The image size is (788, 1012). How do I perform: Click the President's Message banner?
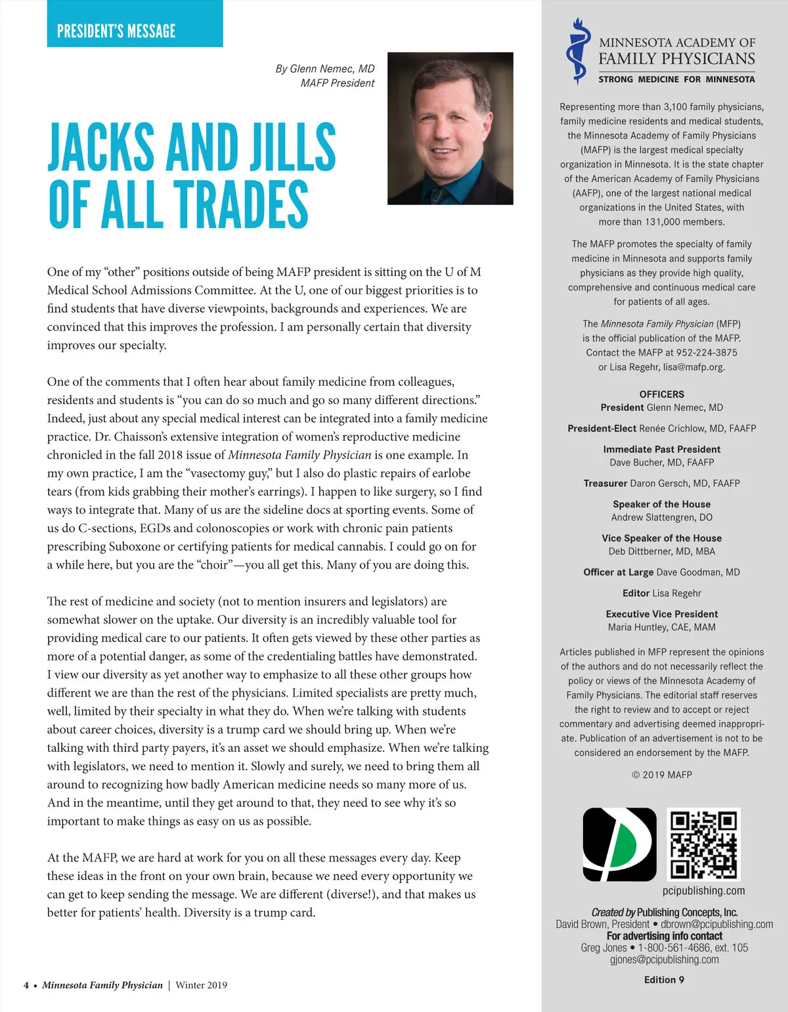pyautogui.click(x=135, y=24)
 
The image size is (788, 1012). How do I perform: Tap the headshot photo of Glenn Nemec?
pyautogui.click(x=450, y=128)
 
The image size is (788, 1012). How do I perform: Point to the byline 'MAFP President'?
pyautogui.click(x=338, y=83)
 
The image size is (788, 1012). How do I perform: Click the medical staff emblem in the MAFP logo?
pyautogui.click(x=577, y=51)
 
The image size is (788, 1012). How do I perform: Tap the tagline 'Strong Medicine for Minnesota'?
pyautogui.click(x=676, y=80)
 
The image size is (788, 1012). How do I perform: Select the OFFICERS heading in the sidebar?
pyautogui.click(x=661, y=394)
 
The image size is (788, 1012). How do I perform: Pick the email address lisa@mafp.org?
pyautogui.click(x=693, y=367)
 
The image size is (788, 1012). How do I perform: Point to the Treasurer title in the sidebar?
pyautogui.click(x=605, y=484)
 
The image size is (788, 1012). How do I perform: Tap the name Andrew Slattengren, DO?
pyautogui.click(x=661, y=518)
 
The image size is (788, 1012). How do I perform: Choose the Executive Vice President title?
pyautogui.click(x=661, y=614)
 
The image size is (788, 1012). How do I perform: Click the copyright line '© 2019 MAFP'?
pyautogui.click(x=661, y=775)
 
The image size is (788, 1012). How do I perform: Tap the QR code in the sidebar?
pyautogui.click(x=703, y=844)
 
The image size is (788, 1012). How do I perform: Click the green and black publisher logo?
pyautogui.click(x=619, y=844)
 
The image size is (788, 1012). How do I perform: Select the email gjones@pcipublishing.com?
pyautogui.click(x=664, y=959)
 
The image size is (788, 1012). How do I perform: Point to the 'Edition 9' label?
pyautogui.click(x=664, y=980)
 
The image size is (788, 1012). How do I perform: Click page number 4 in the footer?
pyautogui.click(x=26, y=985)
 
